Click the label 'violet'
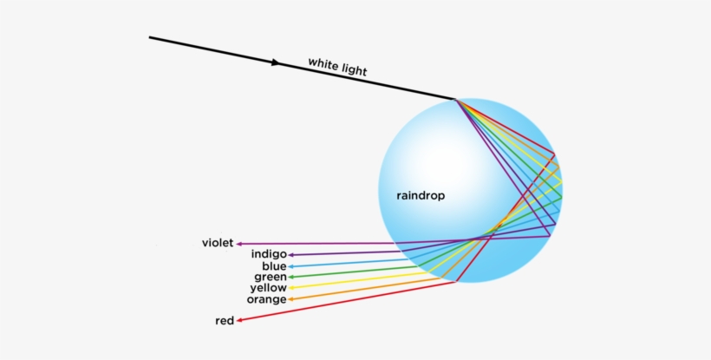(x=217, y=244)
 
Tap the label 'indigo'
(x=269, y=254)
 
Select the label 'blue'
(x=274, y=266)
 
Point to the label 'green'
(x=271, y=277)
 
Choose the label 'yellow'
(x=268, y=288)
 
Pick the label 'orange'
(x=266, y=299)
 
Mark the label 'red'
(x=225, y=321)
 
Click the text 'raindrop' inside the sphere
(x=421, y=196)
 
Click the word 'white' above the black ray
(x=323, y=64)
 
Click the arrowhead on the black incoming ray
(x=277, y=62)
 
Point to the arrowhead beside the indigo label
(x=291, y=255)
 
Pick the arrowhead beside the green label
(x=291, y=277)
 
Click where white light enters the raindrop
(x=454, y=99)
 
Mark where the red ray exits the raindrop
(x=456, y=281)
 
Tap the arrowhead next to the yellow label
(x=291, y=288)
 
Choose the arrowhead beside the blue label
(x=291, y=266)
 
